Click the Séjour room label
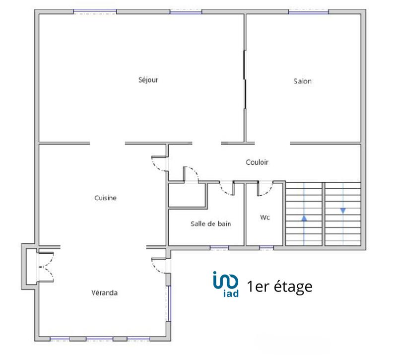pyautogui.click(x=148, y=80)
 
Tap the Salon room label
pyautogui.click(x=302, y=81)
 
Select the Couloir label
pyautogui.click(x=257, y=162)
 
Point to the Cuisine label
pyautogui.click(x=105, y=198)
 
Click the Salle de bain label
pyautogui.click(x=211, y=223)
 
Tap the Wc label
pyautogui.click(x=265, y=217)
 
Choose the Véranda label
pyautogui.click(x=104, y=292)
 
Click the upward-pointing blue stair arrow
pyautogui.click(x=304, y=217)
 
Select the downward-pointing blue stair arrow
pyautogui.click(x=342, y=211)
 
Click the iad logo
pyautogui.click(x=226, y=284)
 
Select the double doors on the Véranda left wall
pyautogui.click(x=44, y=267)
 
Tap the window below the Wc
pyautogui.click(x=266, y=247)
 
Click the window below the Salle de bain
pyautogui.click(x=219, y=247)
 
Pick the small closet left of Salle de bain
pyautogui.click(x=187, y=195)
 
